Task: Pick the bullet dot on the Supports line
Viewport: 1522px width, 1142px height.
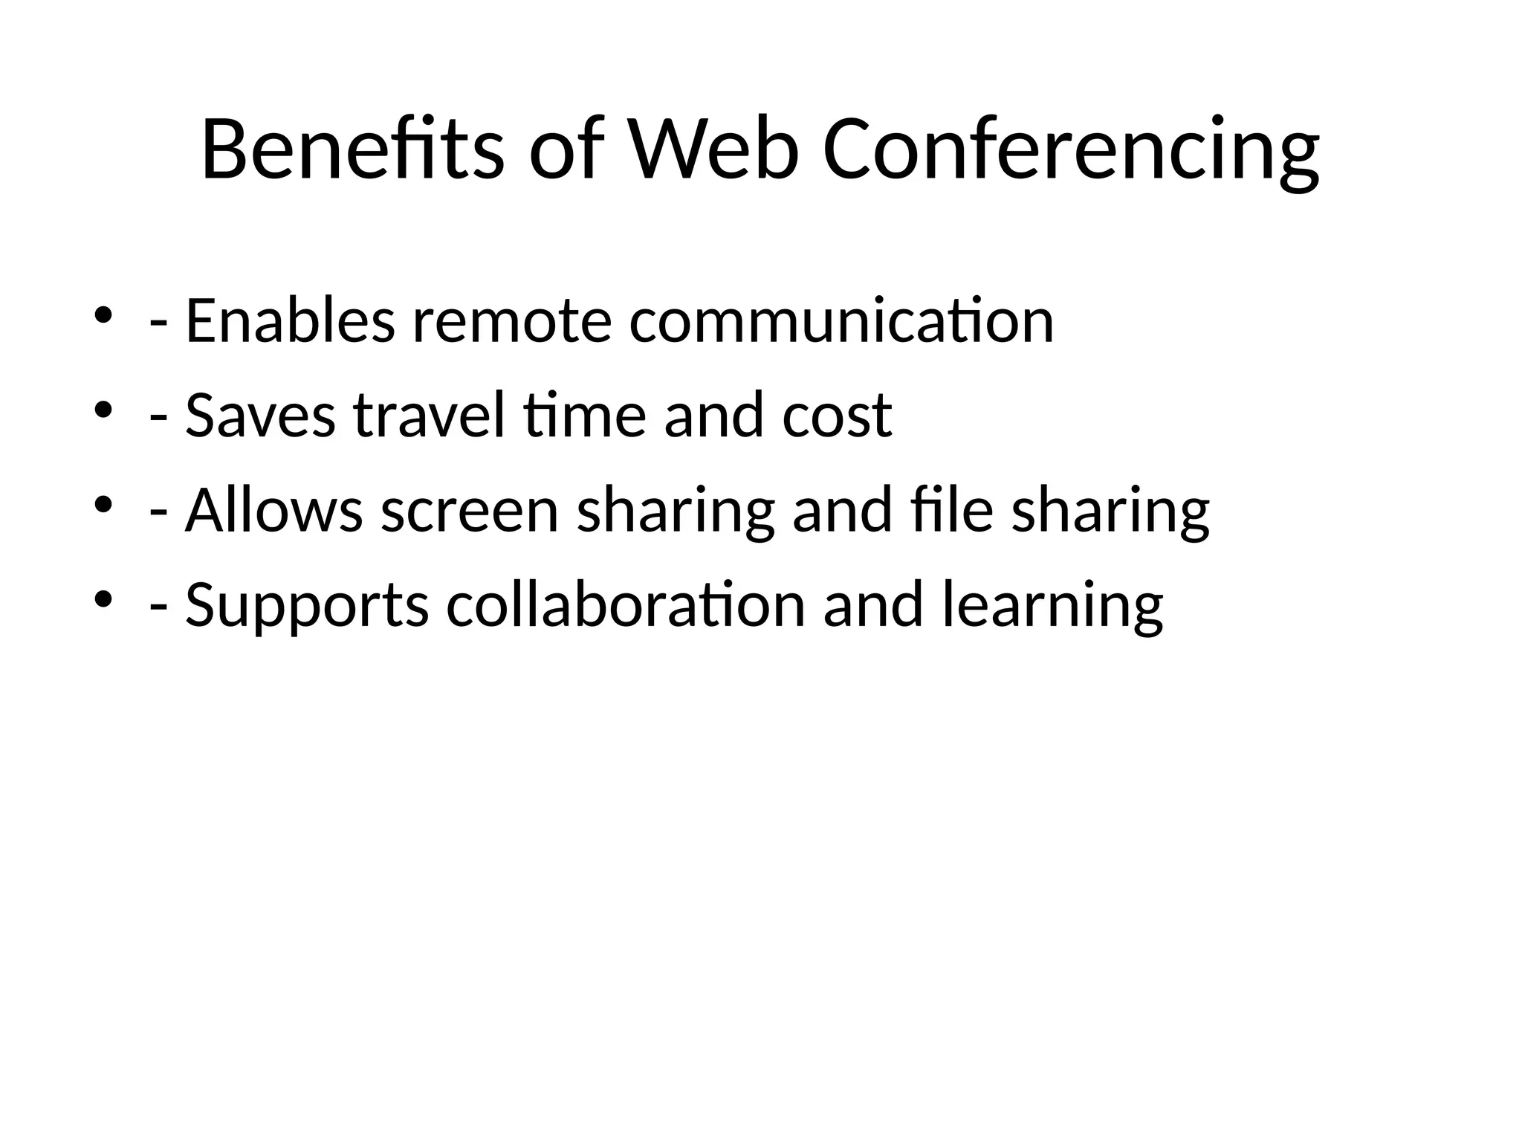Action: coord(103,599)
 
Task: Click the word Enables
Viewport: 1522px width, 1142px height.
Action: coord(290,321)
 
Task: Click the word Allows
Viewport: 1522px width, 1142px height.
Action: coord(273,511)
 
